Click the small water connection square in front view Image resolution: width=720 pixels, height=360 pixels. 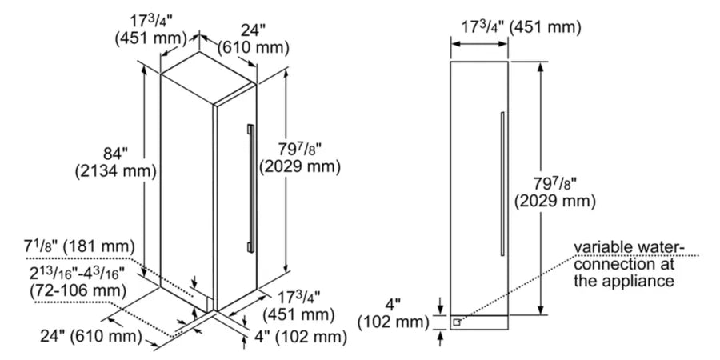(457, 322)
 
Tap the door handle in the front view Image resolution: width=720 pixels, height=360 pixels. (501, 180)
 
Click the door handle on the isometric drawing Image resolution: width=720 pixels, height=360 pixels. (250, 184)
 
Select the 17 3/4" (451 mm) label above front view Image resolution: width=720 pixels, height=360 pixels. (520, 26)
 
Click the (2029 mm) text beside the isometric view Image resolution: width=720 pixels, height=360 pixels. (300, 166)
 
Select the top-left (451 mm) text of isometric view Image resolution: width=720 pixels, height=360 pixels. (150, 38)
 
